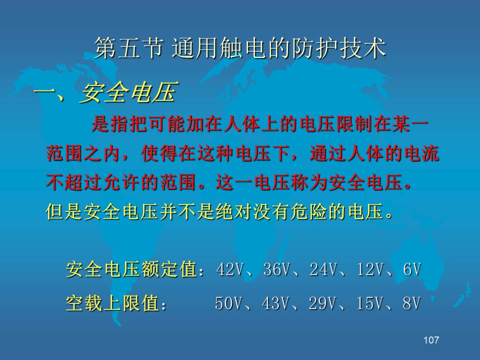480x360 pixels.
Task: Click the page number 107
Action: coord(431,340)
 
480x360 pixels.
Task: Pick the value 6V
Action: coord(412,269)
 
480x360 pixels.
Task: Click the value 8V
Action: coord(411,303)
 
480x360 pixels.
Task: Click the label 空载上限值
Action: coord(112,303)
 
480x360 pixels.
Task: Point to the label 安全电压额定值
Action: coord(131,269)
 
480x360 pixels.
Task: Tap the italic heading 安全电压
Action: coord(128,92)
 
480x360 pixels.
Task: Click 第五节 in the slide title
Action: coord(128,48)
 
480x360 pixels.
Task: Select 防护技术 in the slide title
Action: coord(339,48)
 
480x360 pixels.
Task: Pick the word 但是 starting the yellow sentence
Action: coord(64,211)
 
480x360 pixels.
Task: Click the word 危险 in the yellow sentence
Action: coord(309,211)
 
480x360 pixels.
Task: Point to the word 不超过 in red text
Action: coord(74,182)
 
